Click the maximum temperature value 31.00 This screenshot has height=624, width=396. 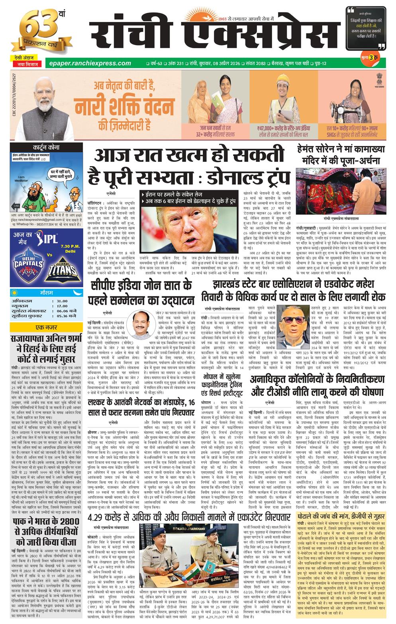pos(62,301)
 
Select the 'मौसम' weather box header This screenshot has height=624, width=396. pos(47,293)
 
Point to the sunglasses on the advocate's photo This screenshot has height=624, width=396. pos(296,321)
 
